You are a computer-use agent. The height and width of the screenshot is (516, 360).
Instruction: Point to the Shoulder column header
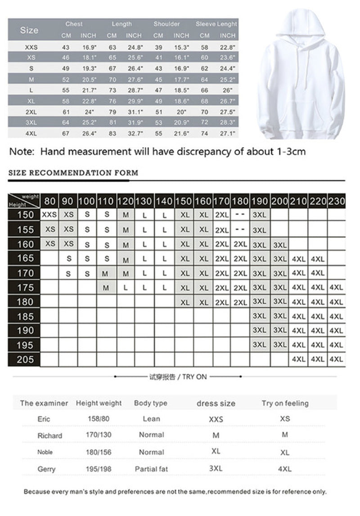click(x=166, y=24)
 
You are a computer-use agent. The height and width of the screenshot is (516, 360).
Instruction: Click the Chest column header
click(x=74, y=24)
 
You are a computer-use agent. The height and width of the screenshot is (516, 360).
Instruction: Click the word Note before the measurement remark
click(x=22, y=152)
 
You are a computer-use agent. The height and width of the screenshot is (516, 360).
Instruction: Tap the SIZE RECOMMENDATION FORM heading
click(x=73, y=173)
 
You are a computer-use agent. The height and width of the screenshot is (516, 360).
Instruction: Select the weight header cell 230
click(x=337, y=201)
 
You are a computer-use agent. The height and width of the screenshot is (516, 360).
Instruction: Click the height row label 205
click(x=25, y=359)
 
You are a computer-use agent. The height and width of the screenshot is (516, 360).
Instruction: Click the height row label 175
click(x=25, y=287)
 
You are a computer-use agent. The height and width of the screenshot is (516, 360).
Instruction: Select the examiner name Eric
click(x=44, y=419)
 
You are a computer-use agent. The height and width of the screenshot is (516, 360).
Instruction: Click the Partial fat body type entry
click(x=151, y=469)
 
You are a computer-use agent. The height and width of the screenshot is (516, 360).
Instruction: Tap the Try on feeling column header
click(x=285, y=403)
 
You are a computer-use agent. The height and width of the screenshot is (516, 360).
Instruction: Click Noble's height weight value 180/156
click(x=99, y=452)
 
